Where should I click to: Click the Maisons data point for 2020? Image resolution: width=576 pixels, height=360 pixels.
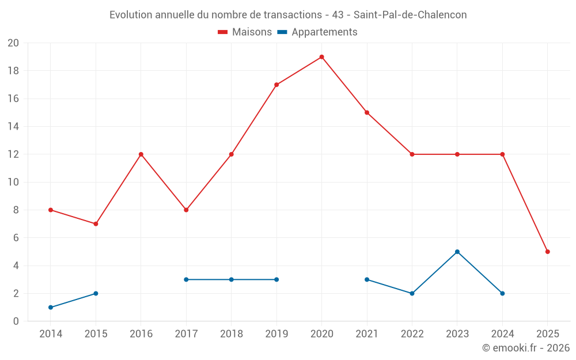click(x=321, y=57)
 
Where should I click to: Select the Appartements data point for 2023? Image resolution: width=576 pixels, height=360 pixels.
click(x=457, y=252)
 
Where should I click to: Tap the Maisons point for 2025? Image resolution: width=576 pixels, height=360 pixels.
click(x=547, y=252)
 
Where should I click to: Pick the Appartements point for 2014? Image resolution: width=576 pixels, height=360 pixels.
click(x=51, y=308)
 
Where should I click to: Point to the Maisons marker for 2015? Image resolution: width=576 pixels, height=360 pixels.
click(x=96, y=224)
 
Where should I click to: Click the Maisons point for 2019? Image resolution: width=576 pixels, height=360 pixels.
click(x=276, y=85)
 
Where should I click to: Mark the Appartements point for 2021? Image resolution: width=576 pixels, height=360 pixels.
click(x=367, y=279)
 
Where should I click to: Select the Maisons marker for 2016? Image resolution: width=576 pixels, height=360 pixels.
click(x=141, y=154)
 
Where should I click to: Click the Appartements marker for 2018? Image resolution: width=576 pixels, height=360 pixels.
click(x=232, y=279)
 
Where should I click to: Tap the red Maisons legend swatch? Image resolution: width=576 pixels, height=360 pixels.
click(x=223, y=32)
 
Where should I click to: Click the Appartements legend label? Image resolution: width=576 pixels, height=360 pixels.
click(x=324, y=32)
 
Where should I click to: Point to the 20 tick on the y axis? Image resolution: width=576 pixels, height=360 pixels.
click(x=13, y=43)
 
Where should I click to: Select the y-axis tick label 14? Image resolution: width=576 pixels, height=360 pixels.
click(x=13, y=127)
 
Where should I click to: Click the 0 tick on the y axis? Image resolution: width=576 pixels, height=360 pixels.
click(x=16, y=321)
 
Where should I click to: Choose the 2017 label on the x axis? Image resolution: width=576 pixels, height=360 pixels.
click(x=186, y=334)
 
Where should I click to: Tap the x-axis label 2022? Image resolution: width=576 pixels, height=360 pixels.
click(x=412, y=334)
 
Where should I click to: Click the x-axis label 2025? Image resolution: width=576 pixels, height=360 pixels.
click(x=547, y=334)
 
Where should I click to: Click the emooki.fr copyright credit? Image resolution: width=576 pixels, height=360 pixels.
click(x=526, y=348)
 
